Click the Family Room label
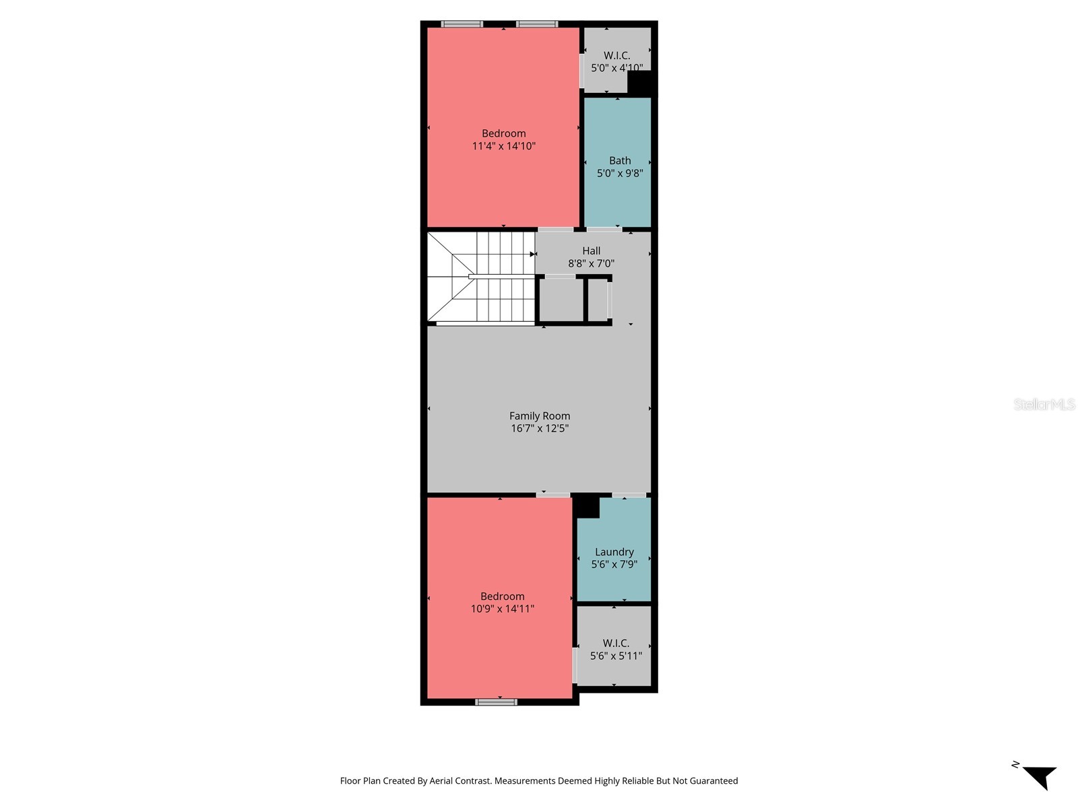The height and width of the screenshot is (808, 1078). pos(539,416)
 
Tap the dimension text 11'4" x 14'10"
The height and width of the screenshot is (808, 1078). pos(503,146)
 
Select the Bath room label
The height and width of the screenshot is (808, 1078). pos(620,161)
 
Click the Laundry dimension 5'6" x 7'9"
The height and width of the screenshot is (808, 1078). pos(614,565)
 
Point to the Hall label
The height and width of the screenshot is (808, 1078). pos(591,251)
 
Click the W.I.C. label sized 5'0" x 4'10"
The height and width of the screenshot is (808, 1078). pos(616,56)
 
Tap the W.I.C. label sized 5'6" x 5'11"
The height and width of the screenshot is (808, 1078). pos(616,644)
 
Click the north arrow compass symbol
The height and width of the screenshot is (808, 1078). pos(1039,777)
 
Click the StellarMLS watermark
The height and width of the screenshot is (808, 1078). pos(1044,405)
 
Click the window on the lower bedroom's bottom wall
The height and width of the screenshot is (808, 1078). pos(496,702)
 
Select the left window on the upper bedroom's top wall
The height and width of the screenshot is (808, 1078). pos(462,24)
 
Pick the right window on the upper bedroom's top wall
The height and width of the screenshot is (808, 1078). pos(537,24)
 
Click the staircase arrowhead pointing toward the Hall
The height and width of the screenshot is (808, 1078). pos(532,255)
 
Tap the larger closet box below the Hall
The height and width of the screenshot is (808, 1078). pos(561,300)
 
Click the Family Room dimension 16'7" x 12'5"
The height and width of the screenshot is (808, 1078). pos(539,429)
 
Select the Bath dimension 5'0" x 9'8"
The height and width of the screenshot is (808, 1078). pos(620,174)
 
